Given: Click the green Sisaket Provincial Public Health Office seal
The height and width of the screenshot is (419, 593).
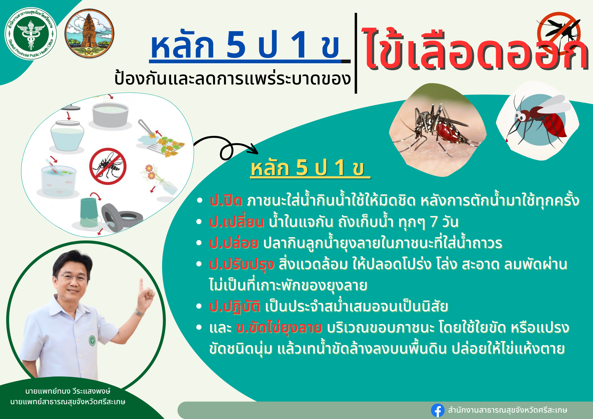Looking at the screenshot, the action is pyautogui.click(x=31, y=34).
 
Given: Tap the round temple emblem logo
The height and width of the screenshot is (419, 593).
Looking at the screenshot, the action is pyautogui.click(x=90, y=33).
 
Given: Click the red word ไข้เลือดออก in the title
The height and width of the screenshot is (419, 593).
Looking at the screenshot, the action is pyautogui.click(x=474, y=50).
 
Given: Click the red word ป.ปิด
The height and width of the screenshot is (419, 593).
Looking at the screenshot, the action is pyautogui.click(x=226, y=201).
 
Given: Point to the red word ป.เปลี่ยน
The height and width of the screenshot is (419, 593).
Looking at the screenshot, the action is pyautogui.click(x=237, y=221).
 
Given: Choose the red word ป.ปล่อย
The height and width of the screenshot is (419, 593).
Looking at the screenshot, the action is pyautogui.click(x=234, y=243).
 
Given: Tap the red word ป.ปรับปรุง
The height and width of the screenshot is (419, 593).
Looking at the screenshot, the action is pyautogui.click(x=242, y=264).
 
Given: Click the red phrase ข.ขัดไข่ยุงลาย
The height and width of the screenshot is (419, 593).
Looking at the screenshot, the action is pyautogui.click(x=279, y=328).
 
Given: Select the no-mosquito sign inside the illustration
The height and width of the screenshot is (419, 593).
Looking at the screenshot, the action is pyautogui.click(x=108, y=166).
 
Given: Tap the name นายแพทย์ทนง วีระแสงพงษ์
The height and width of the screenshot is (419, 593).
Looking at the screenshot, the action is pyautogui.click(x=68, y=391).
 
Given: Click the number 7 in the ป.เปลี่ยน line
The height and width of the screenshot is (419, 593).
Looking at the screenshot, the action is pyautogui.click(x=434, y=222).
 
